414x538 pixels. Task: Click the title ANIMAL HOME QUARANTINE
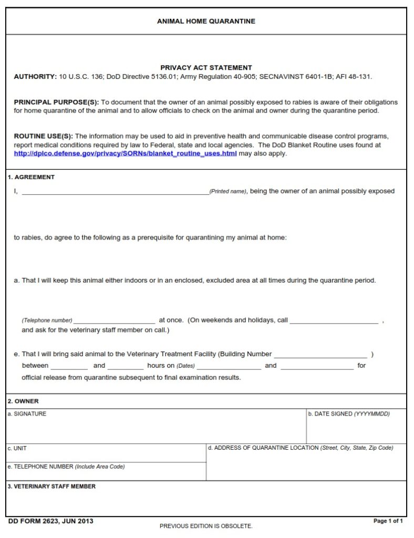[206, 22]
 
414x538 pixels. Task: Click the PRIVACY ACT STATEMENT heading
[206, 68]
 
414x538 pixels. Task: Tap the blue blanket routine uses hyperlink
[125, 153]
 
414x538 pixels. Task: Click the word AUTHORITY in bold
[35, 77]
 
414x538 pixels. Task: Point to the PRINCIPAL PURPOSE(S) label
[56, 102]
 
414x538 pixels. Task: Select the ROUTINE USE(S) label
[44, 137]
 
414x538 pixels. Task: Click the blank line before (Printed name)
[115, 192]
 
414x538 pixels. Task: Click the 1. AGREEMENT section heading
[31, 177]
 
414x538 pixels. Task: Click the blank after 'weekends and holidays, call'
[334, 321]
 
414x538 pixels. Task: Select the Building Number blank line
[320, 356]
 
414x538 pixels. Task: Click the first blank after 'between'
[69, 367]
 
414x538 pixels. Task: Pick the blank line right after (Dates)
[229, 367]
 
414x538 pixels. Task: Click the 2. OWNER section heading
[23, 401]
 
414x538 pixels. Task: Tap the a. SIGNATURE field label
[27, 414]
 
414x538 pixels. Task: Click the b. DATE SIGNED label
[349, 414]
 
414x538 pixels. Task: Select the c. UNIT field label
[17, 449]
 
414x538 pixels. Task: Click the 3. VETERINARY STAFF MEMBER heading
[51, 487]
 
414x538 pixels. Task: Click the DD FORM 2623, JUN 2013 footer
[51, 521]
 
